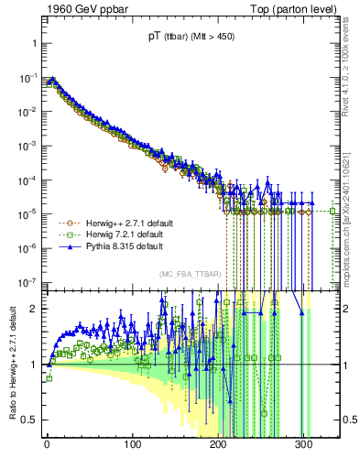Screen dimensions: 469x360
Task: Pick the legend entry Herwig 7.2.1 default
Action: (x=103, y=234)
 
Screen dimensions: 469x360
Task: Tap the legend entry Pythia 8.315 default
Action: (x=101, y=246)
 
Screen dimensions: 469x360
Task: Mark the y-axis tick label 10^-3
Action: (x=25, y=146)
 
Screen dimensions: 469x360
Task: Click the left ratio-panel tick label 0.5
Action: (x=27, y=420)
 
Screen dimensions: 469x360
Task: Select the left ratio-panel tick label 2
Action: (x=31, y=309)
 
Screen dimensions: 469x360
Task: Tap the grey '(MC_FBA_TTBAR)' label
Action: (x=188, y=276)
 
